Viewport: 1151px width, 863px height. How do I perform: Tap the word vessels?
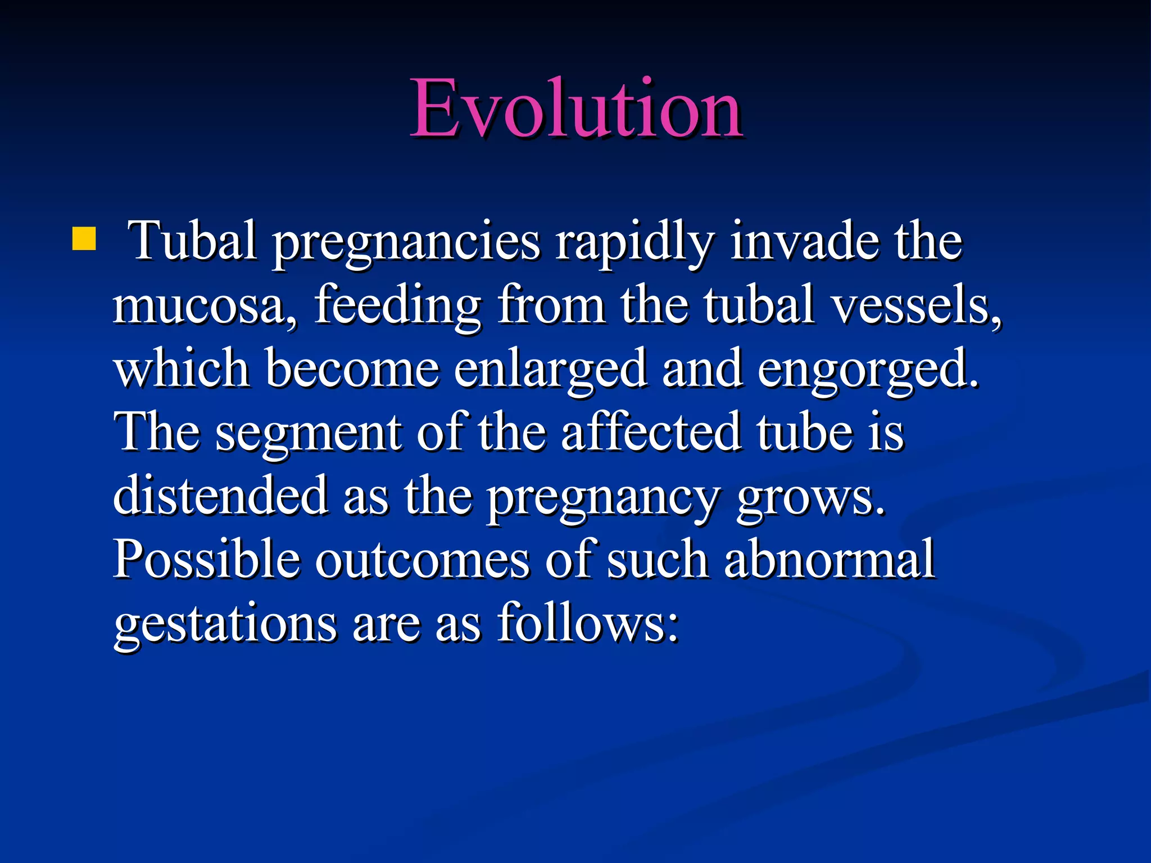(916, 306)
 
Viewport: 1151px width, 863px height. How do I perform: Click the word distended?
(221, 496)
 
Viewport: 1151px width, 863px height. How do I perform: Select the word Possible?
(207, 560)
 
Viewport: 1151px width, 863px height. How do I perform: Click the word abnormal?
(830, 560)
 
